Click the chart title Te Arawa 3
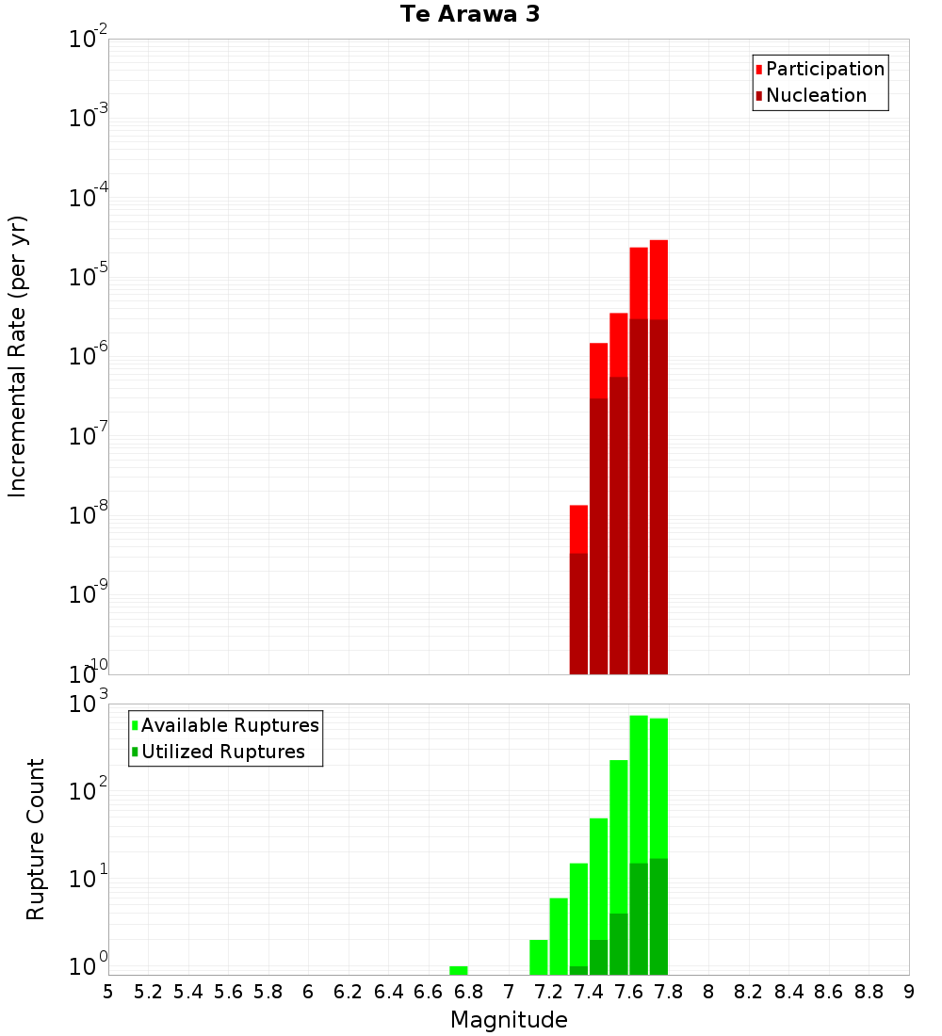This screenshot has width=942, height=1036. coord(469,15)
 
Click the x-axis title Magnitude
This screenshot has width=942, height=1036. coord(509,1020)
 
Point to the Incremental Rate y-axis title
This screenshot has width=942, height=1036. coord(18,356)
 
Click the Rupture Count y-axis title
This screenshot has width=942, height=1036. coord(35,838)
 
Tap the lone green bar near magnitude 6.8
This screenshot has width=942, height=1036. coord(458,970)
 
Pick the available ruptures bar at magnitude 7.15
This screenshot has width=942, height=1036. coord(539,956)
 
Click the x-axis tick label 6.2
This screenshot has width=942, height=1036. coord(349,992)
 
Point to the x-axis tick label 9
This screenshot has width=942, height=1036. coord(909,992)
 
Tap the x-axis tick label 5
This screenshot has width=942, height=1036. coord(108,992)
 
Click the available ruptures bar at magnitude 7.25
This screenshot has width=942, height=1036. coord(559,936)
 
